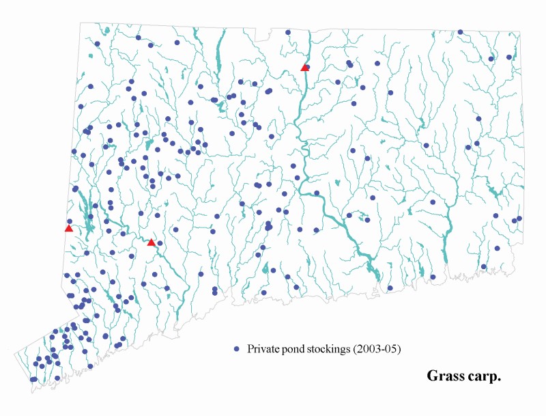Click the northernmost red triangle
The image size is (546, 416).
click(305, 67)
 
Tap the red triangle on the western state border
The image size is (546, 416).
click(69, 228)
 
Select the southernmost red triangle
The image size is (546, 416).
click(152, 242)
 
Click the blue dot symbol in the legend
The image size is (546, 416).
click(237, 348)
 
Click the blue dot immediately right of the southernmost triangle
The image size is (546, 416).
click(160, 243)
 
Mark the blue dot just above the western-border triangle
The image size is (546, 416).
click(70, 221)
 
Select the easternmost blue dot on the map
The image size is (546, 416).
click(519, 219)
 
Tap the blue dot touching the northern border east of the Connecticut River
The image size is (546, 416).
click(461, 32)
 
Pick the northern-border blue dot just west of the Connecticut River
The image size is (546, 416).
click(288, 32)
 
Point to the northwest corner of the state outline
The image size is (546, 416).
click(81, 23)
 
